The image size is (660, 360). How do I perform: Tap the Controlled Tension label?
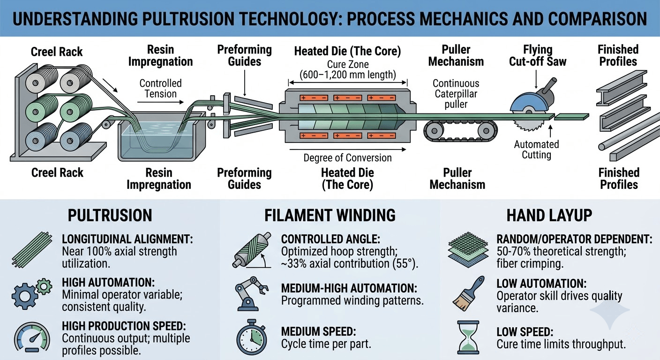pyautogui.click(x=160, y=89)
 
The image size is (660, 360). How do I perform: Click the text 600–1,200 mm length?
pyautogui.click(x=348, y=74)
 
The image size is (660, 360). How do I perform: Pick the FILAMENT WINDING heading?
pyautogui.click(x=330, y=215)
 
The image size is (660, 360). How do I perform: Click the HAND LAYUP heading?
pyautogui.click(x=549, y=215)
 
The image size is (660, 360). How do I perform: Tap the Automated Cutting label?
pyautogui.click(x=536, y=150)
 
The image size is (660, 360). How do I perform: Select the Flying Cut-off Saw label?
pyautogui.click(x=537, y=55)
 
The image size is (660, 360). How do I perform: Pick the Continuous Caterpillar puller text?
pyautogui.click(x=456, y=93)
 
